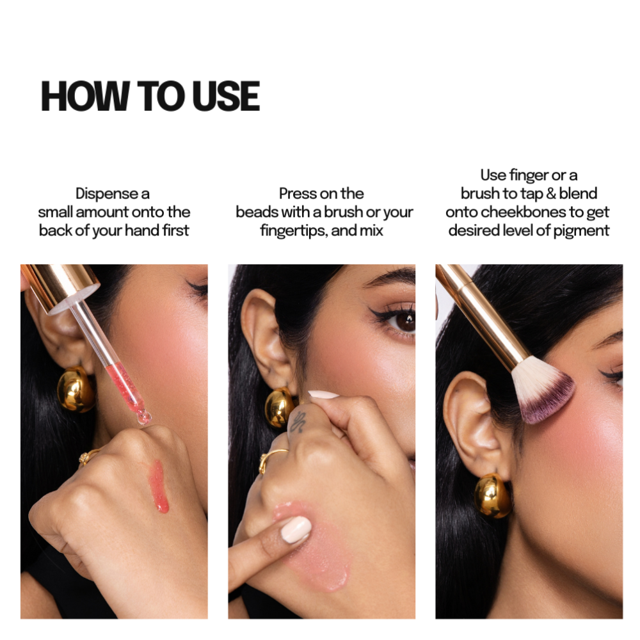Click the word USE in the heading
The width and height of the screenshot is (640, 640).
[226, 96]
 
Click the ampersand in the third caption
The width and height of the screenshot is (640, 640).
[551, 193]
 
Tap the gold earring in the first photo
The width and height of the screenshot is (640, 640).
[76, 389]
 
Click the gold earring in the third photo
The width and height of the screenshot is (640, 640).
[492, 496]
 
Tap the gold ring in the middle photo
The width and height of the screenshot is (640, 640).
[271, 459]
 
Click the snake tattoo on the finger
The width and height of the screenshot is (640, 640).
[298, 422]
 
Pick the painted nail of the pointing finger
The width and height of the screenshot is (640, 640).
[296, 529]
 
